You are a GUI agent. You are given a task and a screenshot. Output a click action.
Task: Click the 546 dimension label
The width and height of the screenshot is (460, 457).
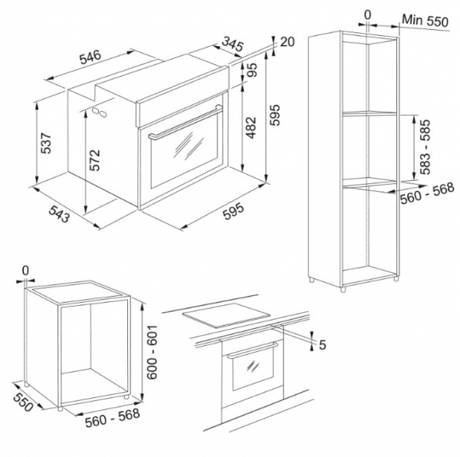90,57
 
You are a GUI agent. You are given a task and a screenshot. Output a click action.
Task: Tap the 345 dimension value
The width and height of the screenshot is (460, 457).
232,44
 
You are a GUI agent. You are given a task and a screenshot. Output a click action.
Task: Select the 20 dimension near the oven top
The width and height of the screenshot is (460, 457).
287,41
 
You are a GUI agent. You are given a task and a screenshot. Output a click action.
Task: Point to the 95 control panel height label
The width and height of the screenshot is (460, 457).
251,70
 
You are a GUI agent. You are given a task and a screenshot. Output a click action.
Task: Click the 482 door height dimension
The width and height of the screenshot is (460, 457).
251,127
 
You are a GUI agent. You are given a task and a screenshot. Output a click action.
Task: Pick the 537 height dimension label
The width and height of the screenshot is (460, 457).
46,143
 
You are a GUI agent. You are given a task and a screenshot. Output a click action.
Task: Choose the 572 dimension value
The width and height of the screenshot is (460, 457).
95,160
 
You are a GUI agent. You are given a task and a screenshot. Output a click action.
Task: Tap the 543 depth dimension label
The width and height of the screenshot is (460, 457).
59,214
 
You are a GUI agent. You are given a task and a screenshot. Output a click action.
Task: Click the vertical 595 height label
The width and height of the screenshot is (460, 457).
275,115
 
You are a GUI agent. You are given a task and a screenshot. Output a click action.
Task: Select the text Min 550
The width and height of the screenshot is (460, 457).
425,21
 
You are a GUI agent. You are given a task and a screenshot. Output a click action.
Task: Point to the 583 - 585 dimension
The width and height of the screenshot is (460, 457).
425,146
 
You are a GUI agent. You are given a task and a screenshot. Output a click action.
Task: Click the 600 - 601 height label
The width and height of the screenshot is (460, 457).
153,352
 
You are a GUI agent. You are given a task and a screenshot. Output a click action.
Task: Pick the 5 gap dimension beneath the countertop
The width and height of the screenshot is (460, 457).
323,345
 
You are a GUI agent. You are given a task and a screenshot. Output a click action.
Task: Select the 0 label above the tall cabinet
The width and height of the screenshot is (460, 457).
367,15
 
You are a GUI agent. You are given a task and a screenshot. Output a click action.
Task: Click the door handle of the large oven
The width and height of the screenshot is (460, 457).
185,123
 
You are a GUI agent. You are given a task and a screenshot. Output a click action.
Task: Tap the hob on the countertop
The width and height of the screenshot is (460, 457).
226,314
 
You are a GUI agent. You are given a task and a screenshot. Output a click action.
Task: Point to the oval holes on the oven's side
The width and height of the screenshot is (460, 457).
100,113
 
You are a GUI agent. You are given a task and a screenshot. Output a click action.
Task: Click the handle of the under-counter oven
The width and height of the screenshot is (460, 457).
252,350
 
